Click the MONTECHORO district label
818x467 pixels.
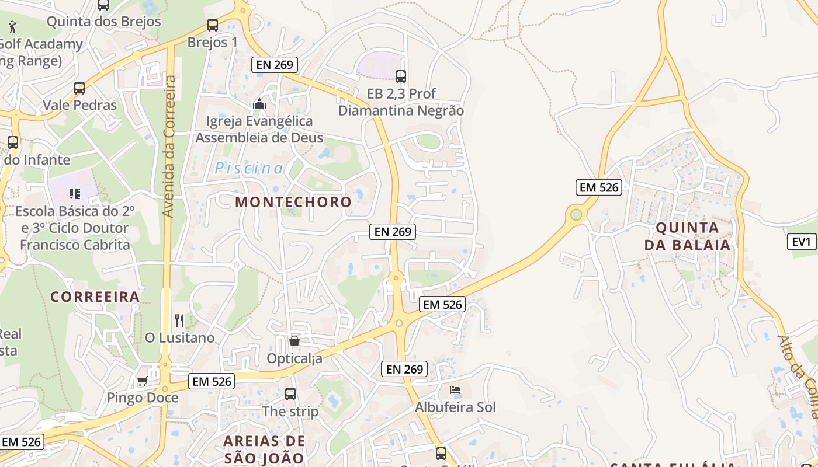point(293,202)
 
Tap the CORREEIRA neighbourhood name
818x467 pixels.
point(95,297)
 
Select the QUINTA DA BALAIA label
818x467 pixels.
point(687,236)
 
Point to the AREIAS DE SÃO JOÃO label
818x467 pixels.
point(264,449)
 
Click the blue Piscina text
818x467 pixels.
point(249,169)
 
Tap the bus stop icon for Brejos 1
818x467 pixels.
point(213,25)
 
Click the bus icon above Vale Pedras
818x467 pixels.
point(79,88)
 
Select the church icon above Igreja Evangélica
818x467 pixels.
point(259,104)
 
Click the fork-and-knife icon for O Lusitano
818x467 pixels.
point(179,320)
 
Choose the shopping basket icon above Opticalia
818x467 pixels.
point(294,340)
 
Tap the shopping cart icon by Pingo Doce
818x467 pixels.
point(142,381)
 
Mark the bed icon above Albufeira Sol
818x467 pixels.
point(455,389)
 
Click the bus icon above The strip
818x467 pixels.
point(290,394)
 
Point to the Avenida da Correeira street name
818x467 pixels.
point(169,146)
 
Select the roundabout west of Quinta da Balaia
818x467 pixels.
point(576,215)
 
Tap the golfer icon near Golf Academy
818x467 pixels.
point(12,26)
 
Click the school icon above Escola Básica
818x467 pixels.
point(74,193)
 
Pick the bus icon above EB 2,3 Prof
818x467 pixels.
point(401,76)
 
